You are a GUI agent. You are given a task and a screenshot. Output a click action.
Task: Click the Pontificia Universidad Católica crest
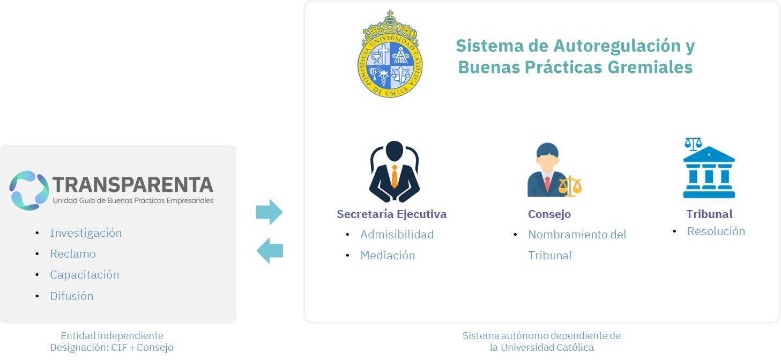click(x=390, y=54)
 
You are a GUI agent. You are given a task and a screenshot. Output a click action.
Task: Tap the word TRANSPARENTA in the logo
click(x=133, y=185)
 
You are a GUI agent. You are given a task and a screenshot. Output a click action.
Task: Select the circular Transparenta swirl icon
click(x=29, y=190)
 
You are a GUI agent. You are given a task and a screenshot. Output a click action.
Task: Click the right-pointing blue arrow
click(x=269, y=212)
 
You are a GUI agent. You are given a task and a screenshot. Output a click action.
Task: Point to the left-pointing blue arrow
click(x=270, y=251)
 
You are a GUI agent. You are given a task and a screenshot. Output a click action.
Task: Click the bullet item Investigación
click(x=86, y=233)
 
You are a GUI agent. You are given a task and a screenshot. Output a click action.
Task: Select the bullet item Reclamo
click(x=73, y=254)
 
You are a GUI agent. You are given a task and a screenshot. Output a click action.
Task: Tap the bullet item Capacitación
click(x=84, y=275)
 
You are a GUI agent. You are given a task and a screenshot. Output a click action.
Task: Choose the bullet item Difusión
click(x=72, y=296)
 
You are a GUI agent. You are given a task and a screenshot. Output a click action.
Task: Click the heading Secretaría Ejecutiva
click(x=391, y=214)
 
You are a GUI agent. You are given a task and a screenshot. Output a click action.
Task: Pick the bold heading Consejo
click(x=549, y=214)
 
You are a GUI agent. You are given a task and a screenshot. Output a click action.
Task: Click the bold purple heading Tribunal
click(x=709, y=214)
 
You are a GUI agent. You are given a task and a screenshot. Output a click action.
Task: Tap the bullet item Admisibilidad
click(x=397, y=235)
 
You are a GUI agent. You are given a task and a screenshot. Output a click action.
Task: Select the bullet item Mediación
click(x=388, y=256)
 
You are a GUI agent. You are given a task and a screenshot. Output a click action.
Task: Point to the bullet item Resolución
click(x=716, y=231)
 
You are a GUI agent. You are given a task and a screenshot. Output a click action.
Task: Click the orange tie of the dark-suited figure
click(x=395, y=176)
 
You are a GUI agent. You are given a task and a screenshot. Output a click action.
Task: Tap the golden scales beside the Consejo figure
click(x=570, y=186)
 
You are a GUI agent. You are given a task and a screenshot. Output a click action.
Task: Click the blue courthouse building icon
click(x=709, y=172)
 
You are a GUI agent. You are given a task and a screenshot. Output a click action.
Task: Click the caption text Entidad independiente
click(x=112, y=335)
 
